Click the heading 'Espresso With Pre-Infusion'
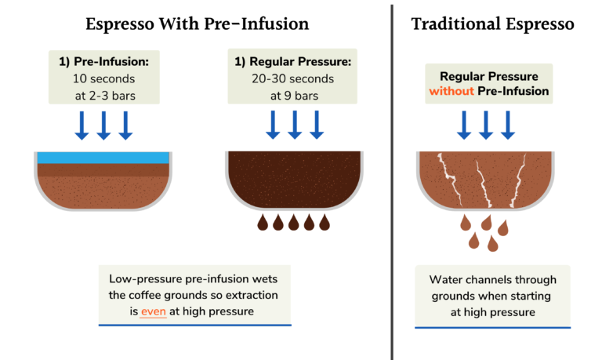point(197,24)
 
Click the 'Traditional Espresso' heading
point(492,24)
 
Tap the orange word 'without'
point(452,91)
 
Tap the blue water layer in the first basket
point(103,157)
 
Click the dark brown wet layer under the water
point(103,169)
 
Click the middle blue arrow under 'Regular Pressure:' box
point(295,124)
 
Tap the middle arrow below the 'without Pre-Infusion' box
point(485,124)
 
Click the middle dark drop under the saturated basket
point(294,224)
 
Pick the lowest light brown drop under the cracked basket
point(492,244)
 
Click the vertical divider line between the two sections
point(391,180)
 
